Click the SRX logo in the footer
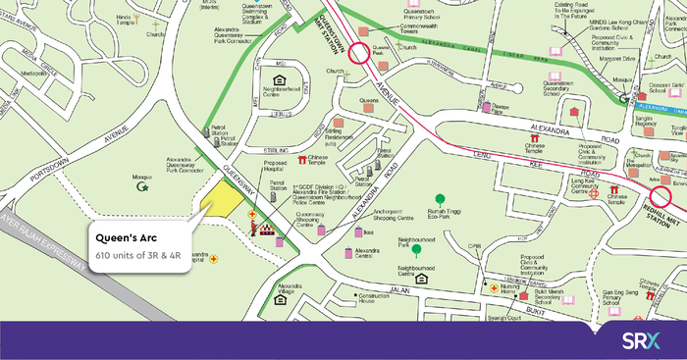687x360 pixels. [x=643, y=340]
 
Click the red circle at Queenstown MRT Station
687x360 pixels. [x=359, y=53]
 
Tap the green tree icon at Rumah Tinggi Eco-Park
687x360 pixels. [x=440, y=200]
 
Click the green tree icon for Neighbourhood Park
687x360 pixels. [x=416, y=250]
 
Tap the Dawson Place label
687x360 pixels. [x=502, y=111]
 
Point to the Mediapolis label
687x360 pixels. [x=34, y=73]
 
